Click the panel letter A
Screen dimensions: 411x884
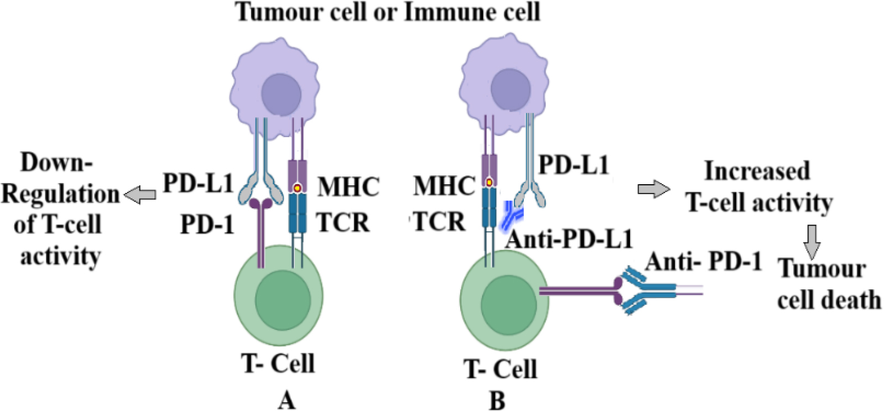click(286, 400)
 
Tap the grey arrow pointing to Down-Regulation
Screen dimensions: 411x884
click(140, 195)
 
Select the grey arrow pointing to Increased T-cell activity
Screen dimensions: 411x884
click(653, 190)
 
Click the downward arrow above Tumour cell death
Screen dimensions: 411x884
click(812, 242)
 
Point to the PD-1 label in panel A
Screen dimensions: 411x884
click(207, 225)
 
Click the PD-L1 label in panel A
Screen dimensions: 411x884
click(198, 183)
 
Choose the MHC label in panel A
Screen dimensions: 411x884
click(348, 187)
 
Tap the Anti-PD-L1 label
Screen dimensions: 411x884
click(569, 239)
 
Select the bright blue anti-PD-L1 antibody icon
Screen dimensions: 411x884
click(510, 216)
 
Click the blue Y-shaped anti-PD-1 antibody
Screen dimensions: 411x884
click(647, 290)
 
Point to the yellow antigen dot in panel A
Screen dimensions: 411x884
click(297, 188)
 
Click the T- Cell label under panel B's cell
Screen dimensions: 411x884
click(500, 369)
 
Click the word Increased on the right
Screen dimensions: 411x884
click(756, 170)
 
